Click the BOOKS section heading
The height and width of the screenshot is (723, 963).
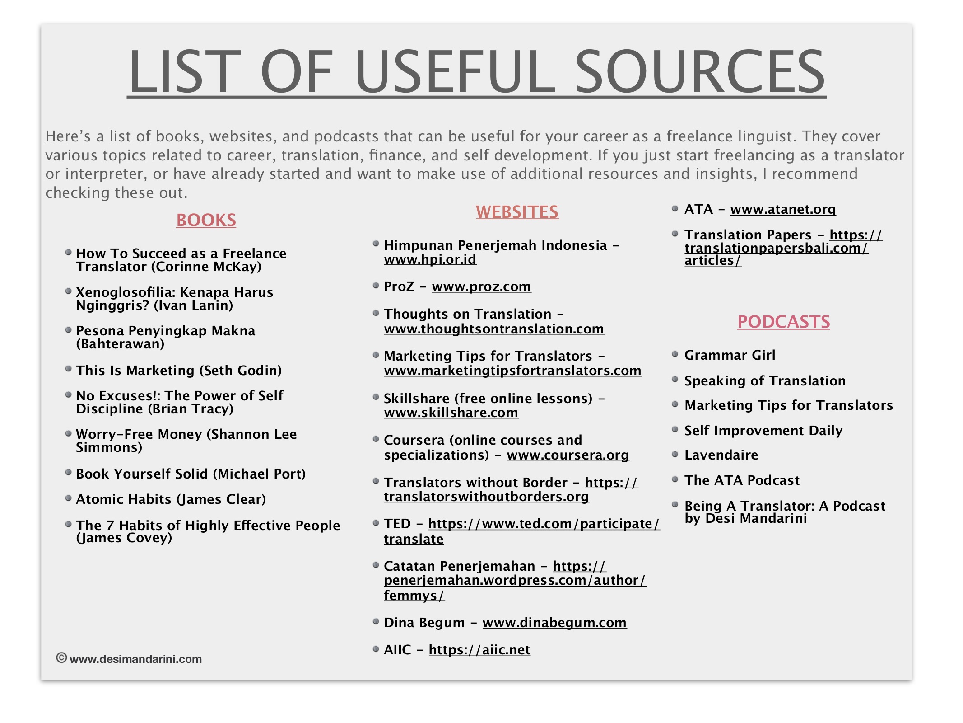tap(206, 220)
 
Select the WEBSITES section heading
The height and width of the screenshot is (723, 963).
tap(517, 212)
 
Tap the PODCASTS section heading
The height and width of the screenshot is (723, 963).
tap(783, 322)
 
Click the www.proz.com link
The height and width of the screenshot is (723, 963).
tap(481, 286)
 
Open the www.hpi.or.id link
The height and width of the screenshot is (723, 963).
tap(430, 259)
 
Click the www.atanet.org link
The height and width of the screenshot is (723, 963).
tap(783, 209)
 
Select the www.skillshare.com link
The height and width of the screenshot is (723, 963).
tap(451, 413)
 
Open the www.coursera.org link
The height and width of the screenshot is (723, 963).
tap(568, 455)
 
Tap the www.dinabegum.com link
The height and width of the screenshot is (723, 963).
tap(554, 623)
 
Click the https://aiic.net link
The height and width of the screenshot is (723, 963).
tap(479, 650)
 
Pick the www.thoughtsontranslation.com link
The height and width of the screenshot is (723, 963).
tap(494, 329)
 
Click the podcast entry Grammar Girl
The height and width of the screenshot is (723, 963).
tap(730, 355)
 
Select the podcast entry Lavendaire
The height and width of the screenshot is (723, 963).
tap(721, 455)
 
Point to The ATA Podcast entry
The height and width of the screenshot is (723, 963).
tap(742, 480)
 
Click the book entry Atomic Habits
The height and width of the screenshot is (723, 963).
tap(171, 499)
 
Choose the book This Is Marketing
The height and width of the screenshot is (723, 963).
tap(179, 371)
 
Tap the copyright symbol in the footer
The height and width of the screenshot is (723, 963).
tap(61, 658)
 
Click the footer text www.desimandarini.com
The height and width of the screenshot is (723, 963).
tap(135, 659)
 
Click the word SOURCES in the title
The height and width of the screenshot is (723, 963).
tap(699, 72)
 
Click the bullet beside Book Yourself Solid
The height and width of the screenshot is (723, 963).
tap(68, 473)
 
